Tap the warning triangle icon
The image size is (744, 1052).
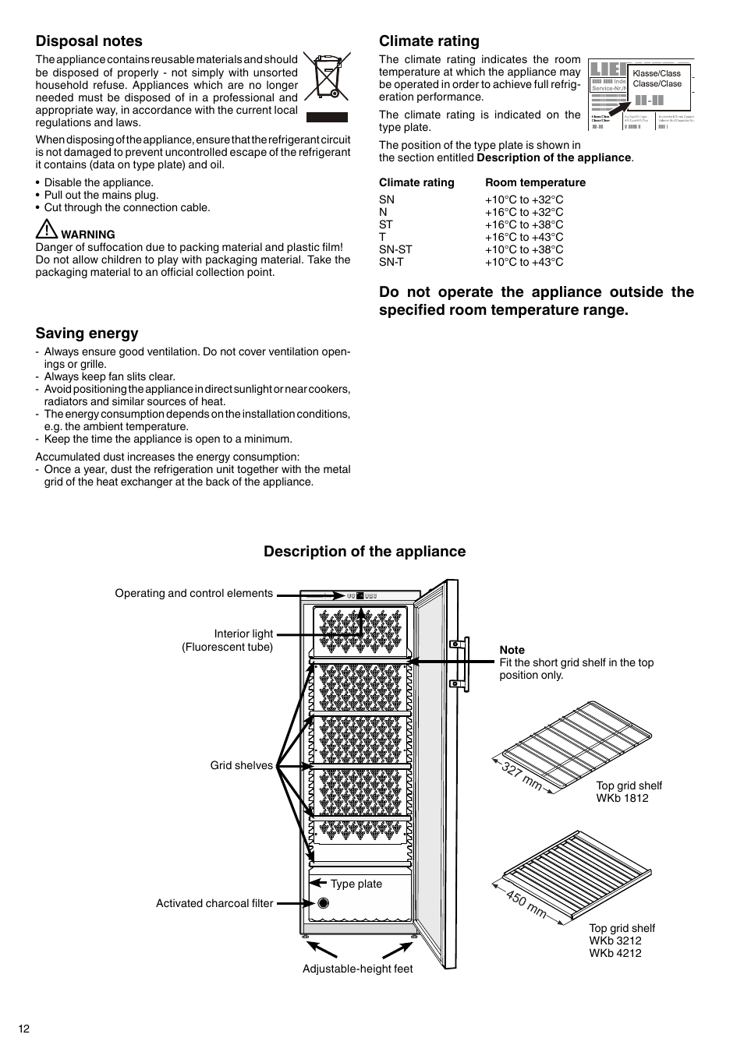(x=46, y=230)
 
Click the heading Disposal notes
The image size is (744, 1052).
(x=89, y=41)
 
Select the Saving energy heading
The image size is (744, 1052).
(x=87, y=334)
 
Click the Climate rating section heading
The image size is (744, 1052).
(x=429, y=41)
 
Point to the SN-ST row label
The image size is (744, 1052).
(x=395, y=249)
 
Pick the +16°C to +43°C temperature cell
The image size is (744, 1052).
(x=524, y=237)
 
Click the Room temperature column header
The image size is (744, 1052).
(x=535, y=182)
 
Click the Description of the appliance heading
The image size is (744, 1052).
(x=364, y=552)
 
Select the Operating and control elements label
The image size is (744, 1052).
(x=193, y=593)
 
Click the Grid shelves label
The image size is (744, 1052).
(x=242, y=765)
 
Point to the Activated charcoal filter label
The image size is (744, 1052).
(x=214, y=903)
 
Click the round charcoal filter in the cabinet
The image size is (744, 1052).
(x=323, y=903)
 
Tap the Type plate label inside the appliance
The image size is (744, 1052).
(x=356, y=884)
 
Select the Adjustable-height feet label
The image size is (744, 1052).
(x=358, y=969)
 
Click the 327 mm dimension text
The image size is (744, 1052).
(x=522, y=775)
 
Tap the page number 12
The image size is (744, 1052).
(x=24, y=1029)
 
